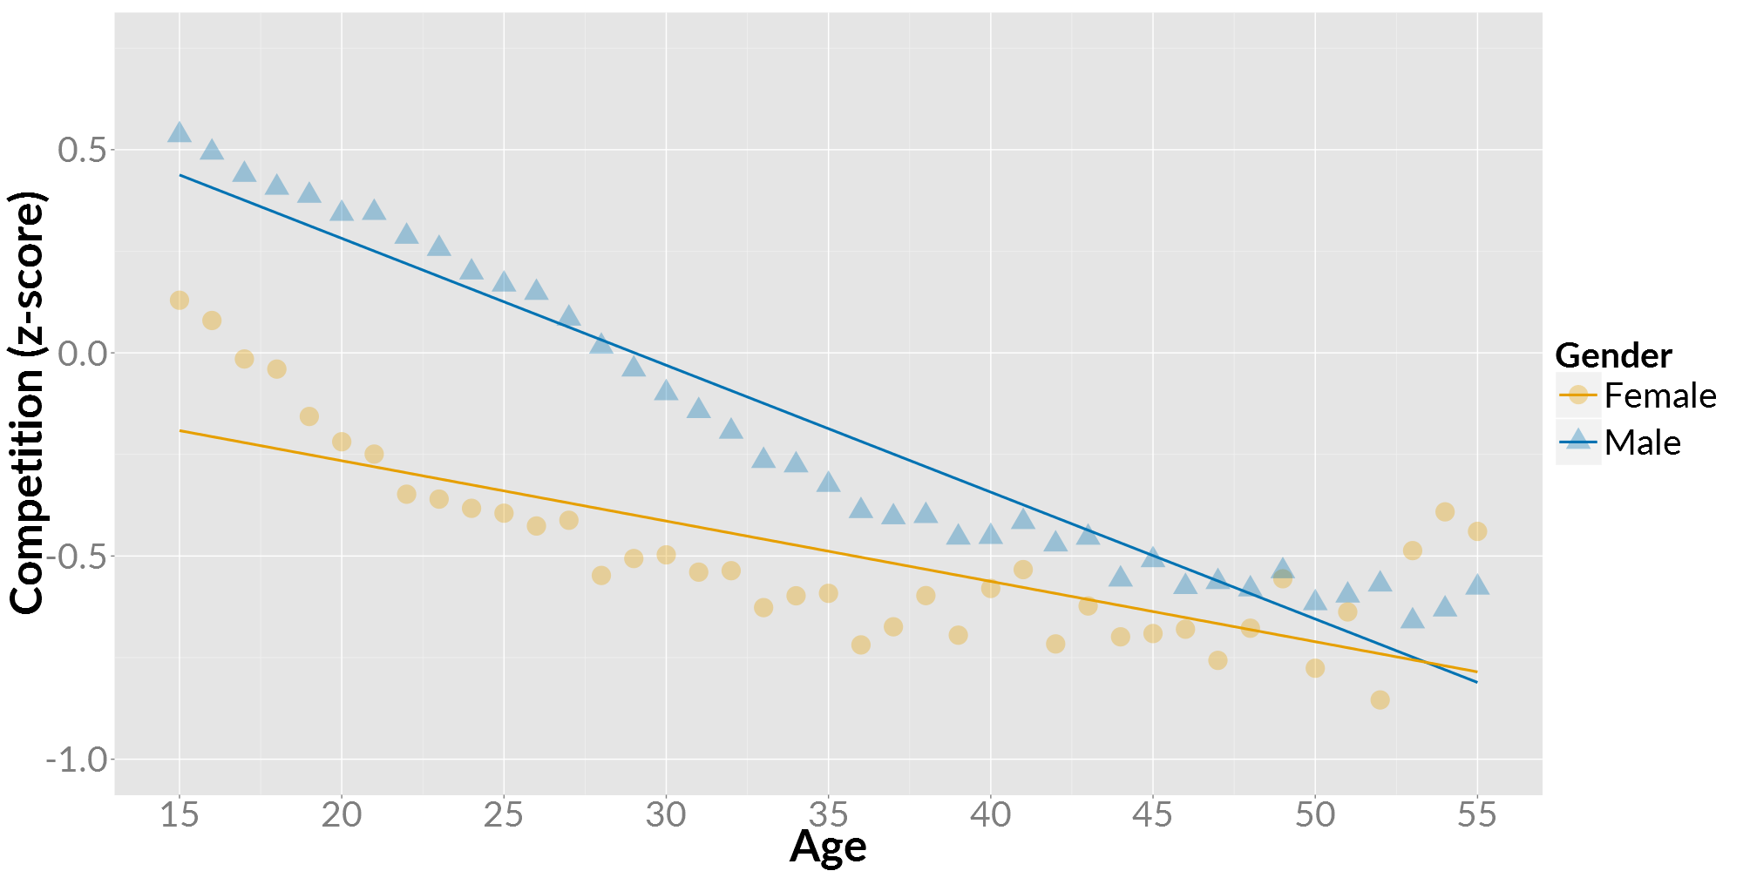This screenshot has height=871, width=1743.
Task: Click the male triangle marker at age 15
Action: click(180, 132)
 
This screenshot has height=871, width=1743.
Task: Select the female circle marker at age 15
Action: click(180, 300)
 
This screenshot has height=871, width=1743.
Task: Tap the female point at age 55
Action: click(1476, 531)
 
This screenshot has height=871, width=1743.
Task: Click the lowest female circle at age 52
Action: click(1380, 700)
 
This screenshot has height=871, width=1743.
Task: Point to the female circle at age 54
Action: click(1445, 512)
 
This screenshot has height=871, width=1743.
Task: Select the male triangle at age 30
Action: click(666, 390)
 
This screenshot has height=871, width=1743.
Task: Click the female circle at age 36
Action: click(861, 645)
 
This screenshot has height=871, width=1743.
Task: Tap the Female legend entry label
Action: click(1659, 396)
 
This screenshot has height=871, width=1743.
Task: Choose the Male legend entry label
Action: click(1642, 443)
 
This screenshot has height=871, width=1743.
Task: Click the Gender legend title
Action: click(1613, 356)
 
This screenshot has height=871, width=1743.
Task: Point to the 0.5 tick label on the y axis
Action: click(81, 150)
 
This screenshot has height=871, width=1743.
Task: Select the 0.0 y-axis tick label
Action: click(81, 354)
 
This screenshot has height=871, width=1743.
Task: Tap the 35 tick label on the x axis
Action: click(828, 815)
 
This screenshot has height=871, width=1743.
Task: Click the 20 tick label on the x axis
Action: click(342, 815)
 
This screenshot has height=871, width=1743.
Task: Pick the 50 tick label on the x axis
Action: click(1314, 815)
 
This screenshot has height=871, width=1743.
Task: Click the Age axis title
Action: click(828, 847)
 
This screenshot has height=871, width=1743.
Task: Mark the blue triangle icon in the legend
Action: click(1578, 438)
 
